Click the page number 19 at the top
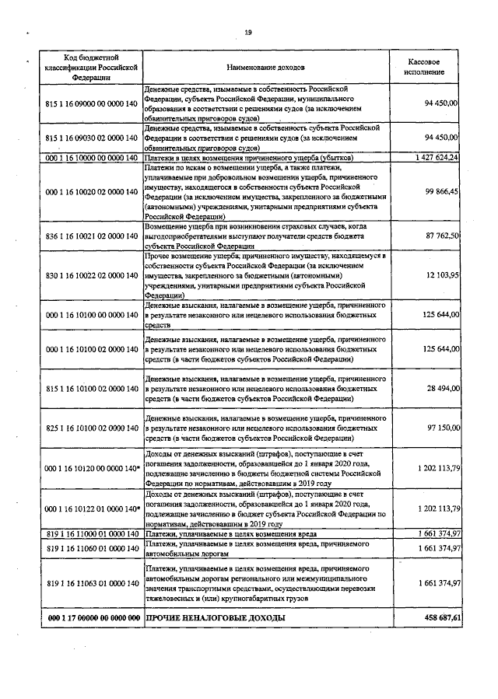click(248, 32)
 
